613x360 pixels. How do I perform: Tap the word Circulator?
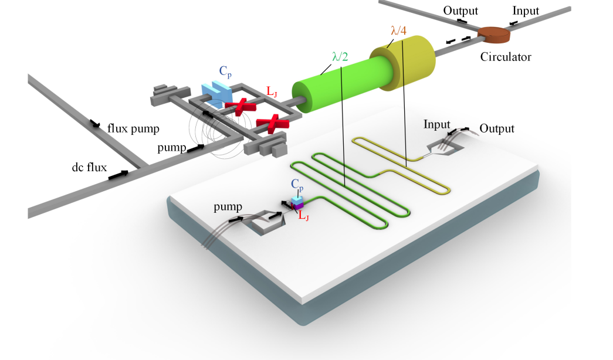(x=505, y=57)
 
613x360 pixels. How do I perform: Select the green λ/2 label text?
(x=338, y=57)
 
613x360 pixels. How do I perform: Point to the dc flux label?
(x=86, y=168)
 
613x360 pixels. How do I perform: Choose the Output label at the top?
(x=460, y=11)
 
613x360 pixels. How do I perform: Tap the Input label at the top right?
(x=526, y=11)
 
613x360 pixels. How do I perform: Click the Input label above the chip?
(x=436, y=124)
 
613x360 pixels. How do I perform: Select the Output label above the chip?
(x=496, y=128)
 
